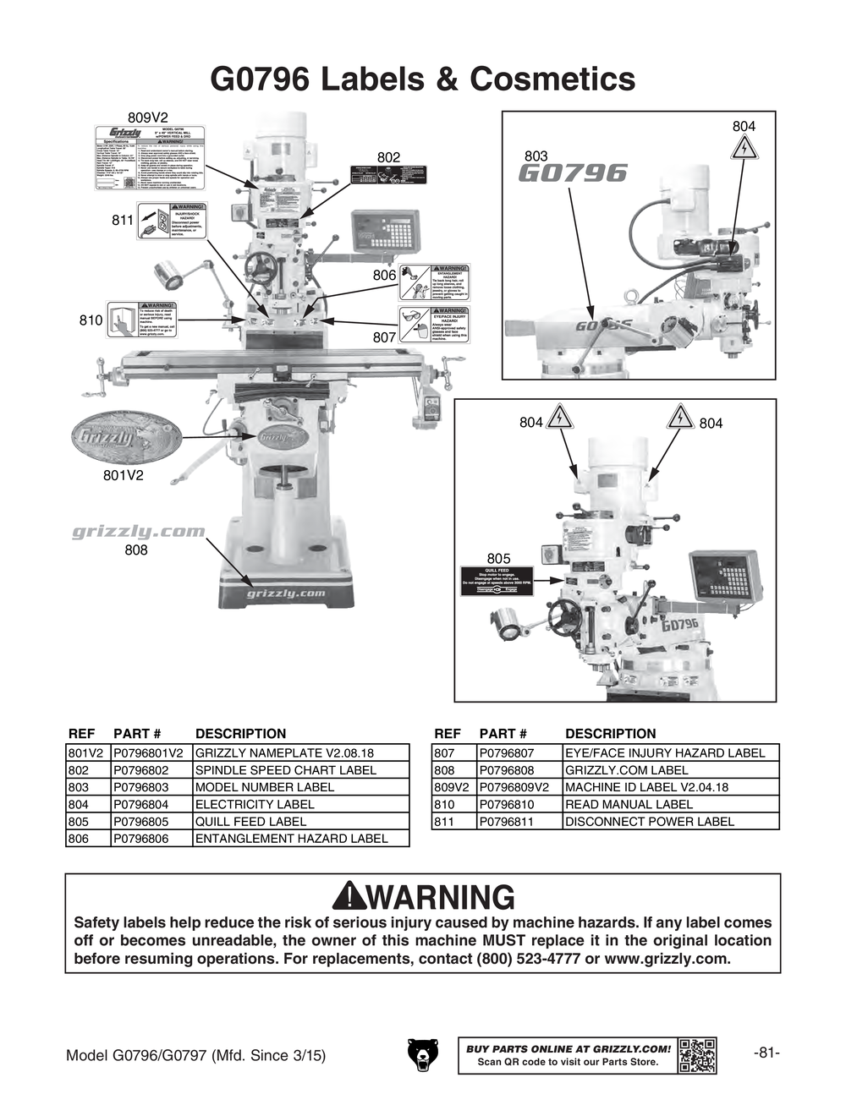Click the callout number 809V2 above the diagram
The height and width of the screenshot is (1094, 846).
[148, 117]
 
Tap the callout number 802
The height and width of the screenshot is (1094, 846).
[388, 157]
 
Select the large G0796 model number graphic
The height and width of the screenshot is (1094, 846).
[572, 174]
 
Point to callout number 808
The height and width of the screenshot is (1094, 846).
[135, 550]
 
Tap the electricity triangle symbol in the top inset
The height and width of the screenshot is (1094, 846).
[743, 149]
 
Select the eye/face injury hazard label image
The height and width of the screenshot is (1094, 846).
[434, 324]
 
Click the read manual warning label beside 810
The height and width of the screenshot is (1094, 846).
[141, 320]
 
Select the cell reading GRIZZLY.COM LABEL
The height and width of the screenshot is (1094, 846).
[626, 770]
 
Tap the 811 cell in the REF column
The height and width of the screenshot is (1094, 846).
[444, 821]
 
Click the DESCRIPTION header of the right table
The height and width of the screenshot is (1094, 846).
[610, 734]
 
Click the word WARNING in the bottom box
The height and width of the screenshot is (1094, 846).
[440, 897]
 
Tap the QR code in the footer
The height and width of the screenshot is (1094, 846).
[697, 1054]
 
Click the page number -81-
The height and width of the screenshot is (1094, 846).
[766, 1053]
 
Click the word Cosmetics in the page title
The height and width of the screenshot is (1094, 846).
[552, 79]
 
